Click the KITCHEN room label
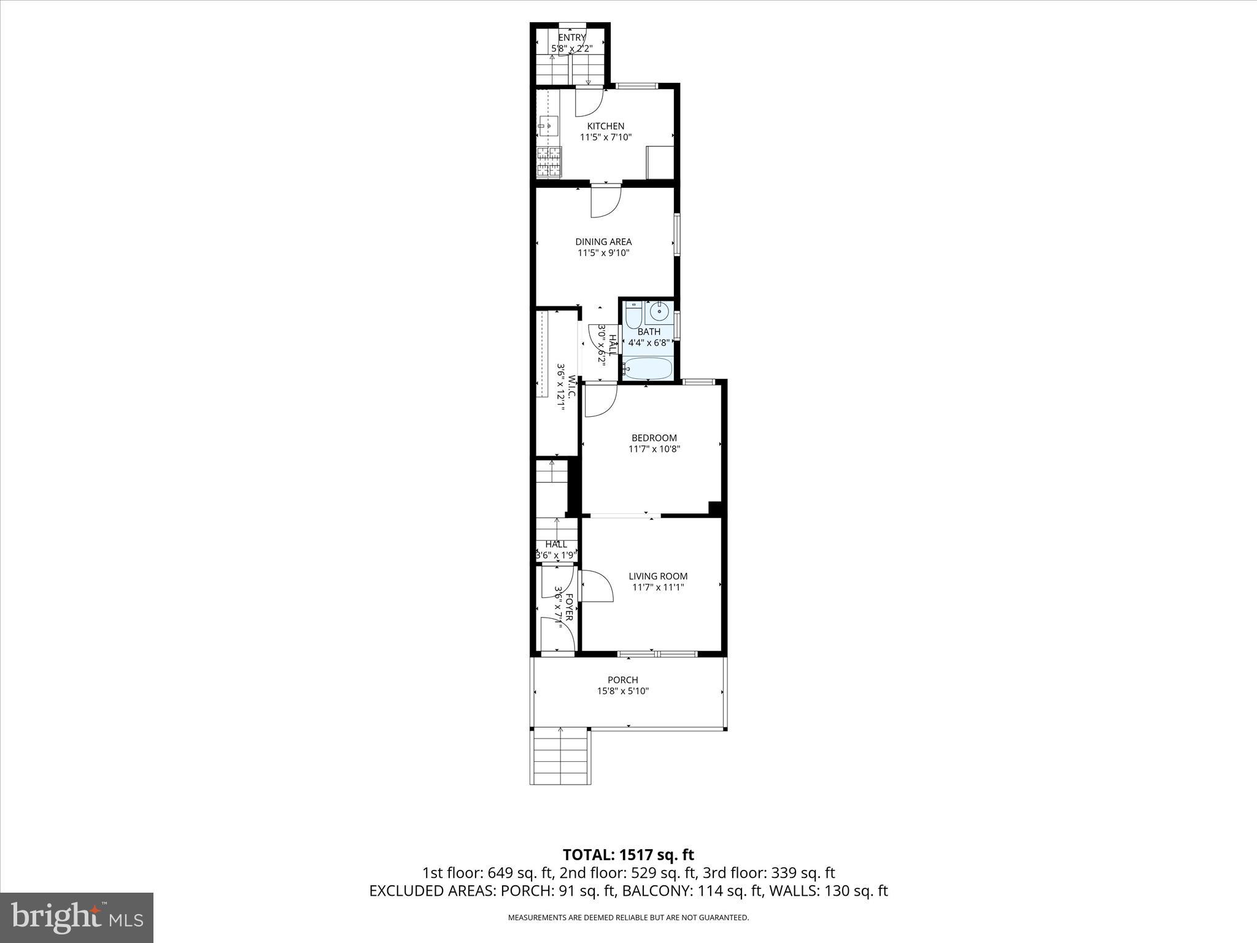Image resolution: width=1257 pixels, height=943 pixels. [605, 126]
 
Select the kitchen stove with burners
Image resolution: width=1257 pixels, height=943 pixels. [120, 161]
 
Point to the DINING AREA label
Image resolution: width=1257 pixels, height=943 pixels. [603, 242]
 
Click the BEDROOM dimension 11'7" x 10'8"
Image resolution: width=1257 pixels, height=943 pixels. [654, 449]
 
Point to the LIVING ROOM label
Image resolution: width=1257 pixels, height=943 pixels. [658, 576]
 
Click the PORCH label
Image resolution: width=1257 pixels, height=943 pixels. [622, 680]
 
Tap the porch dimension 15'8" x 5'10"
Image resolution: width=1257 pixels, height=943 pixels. [622, 691]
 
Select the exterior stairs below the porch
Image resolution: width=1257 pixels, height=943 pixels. [560, 756]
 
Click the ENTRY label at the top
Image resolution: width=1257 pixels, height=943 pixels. [571, 37]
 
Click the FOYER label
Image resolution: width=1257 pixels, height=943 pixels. [569, 607]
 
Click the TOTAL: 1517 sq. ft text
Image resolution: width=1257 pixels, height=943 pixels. [628, 855]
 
